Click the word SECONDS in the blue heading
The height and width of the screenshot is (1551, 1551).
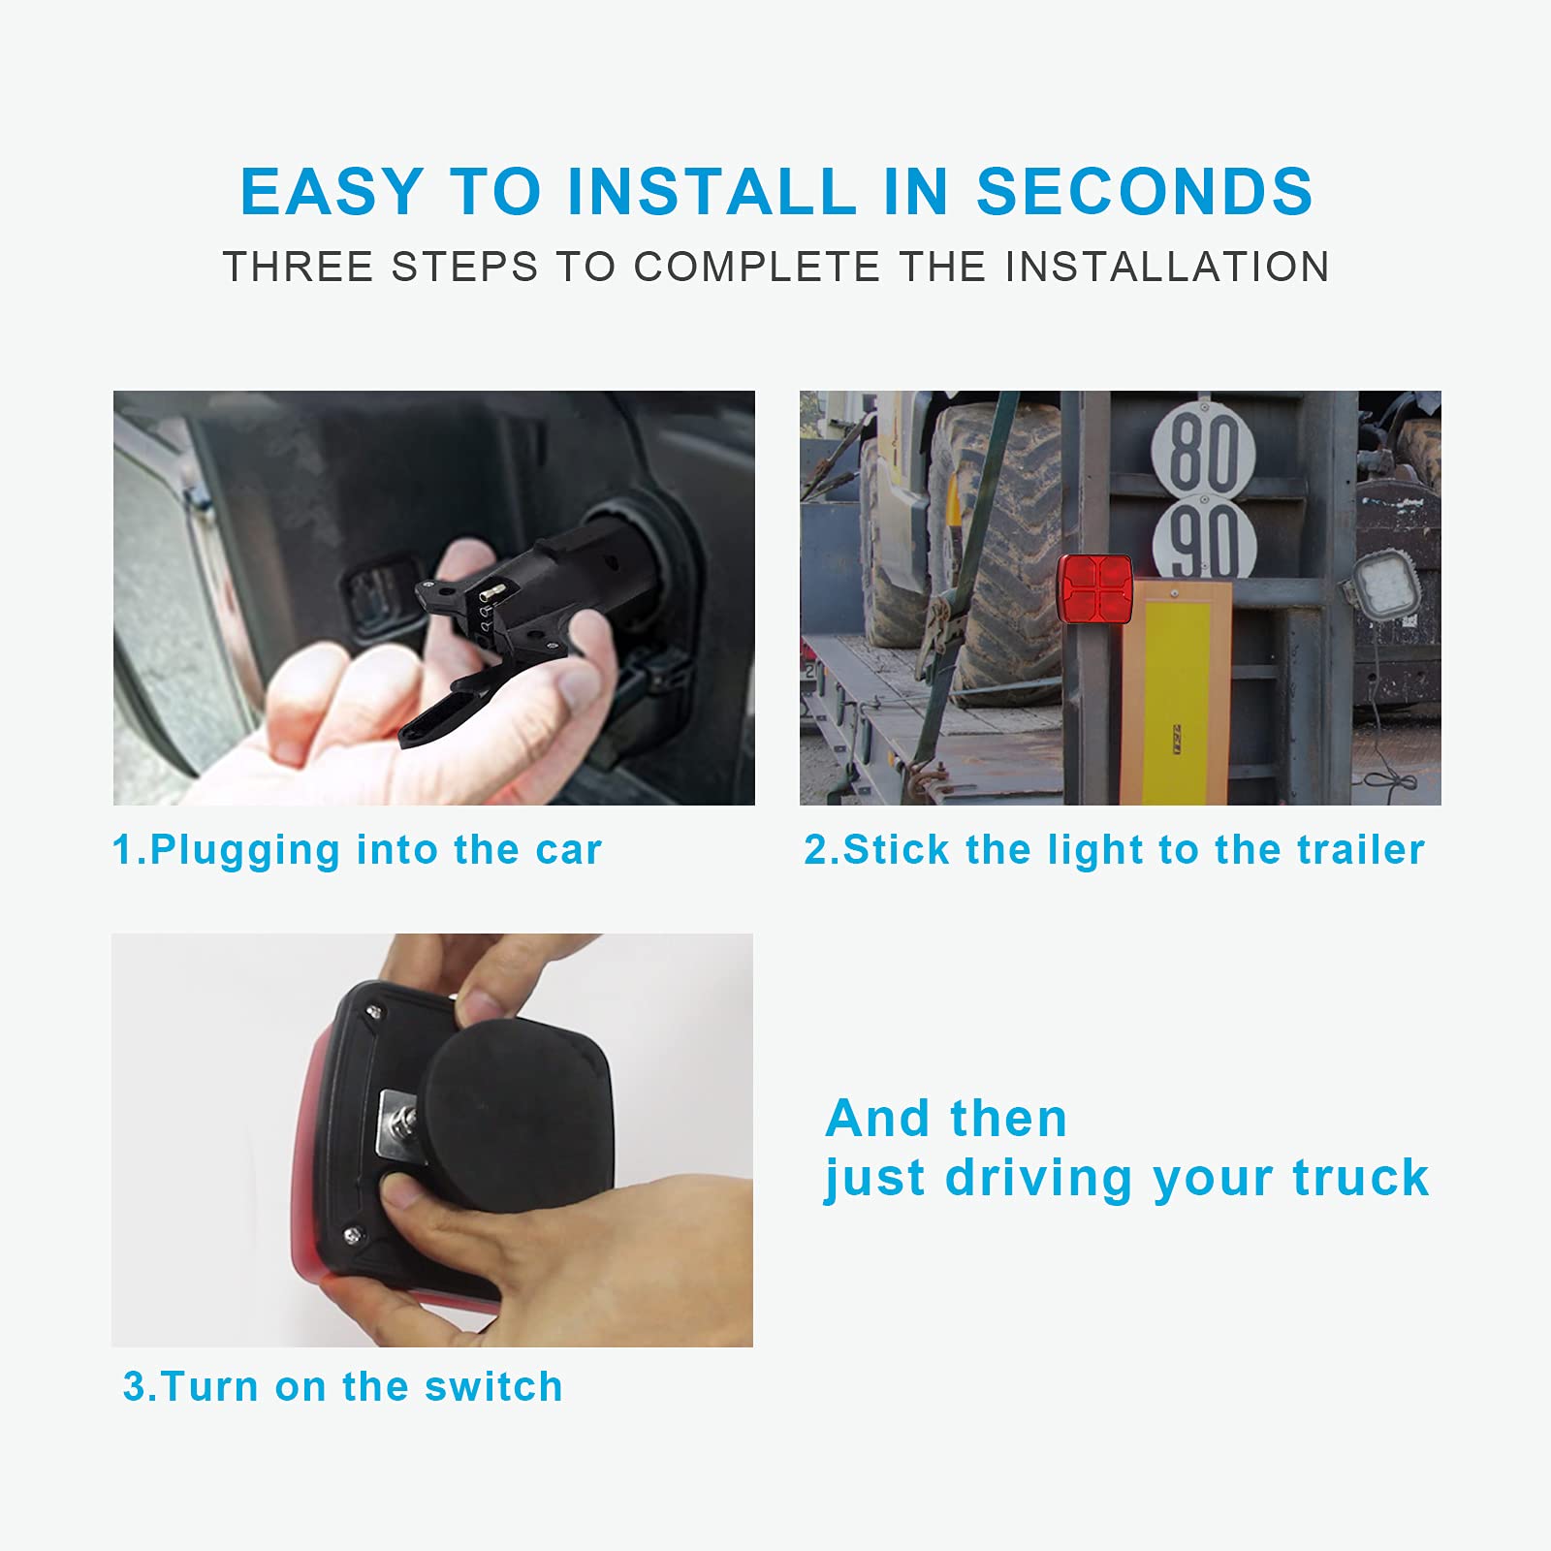1144,191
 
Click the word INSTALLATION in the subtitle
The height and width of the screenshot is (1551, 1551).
1167,267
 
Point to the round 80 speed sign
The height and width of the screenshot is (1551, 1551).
1205,450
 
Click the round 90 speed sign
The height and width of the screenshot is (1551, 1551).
1205,539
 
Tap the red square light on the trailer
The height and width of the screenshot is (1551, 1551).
1094,589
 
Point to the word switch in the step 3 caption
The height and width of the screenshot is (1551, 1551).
493,1386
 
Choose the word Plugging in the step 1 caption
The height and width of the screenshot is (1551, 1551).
245,851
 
